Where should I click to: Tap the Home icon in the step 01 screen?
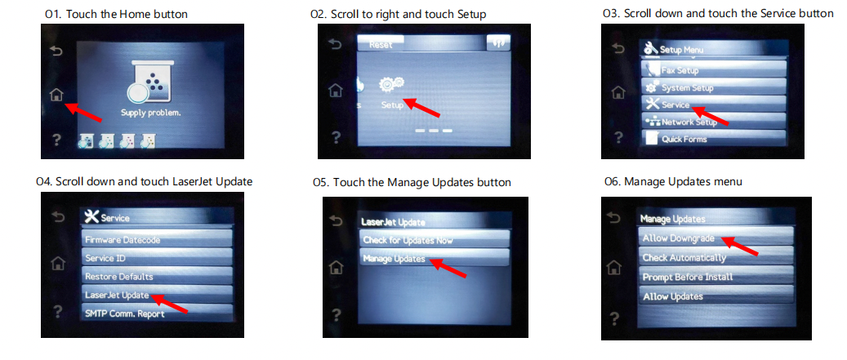(x=56, y=94)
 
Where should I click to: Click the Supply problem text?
(x=150, y=113)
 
